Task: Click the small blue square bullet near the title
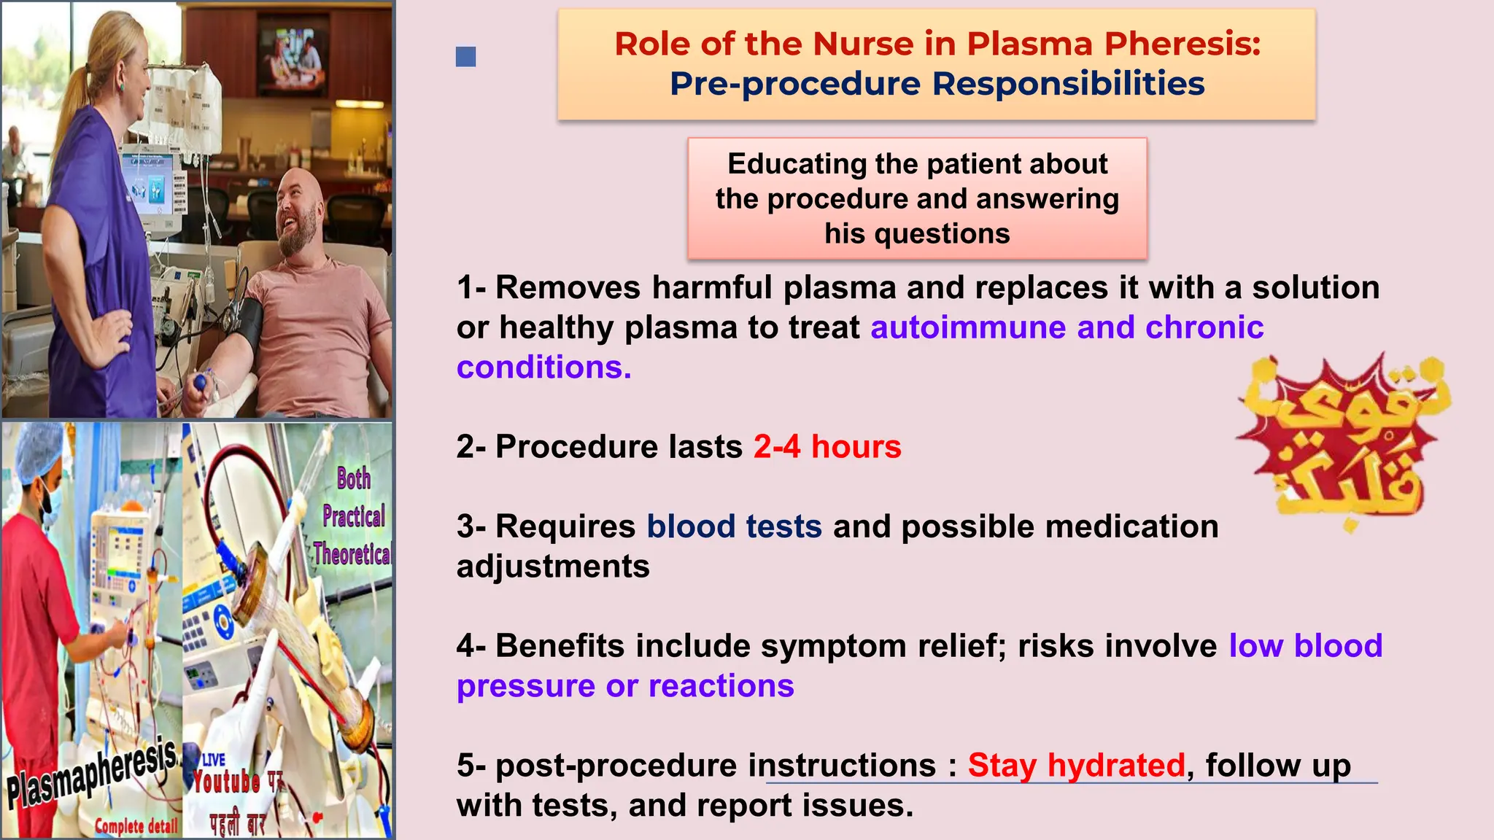(x=465, y=57)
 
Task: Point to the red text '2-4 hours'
(x=827, y=446)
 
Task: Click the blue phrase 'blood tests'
(x=734, y=526)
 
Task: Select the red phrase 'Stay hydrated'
(x=1076, y=766)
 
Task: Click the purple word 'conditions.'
(x=543, y=367)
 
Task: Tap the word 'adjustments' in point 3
(x=553, y=567)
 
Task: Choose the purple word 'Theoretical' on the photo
(x=352, y=554)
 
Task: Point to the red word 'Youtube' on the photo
(x=226, y=782)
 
